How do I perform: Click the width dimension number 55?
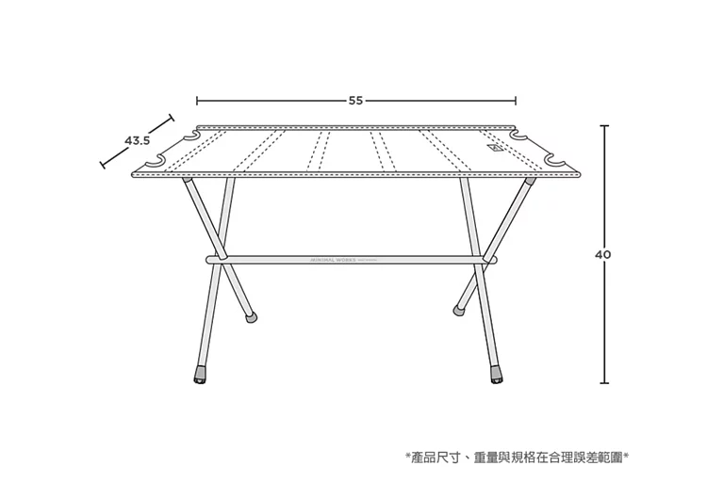coord(355,100)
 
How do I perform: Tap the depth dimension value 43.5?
coord(138,141)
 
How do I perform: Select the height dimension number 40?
coord(603,253)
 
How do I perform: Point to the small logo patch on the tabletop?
coord(494,150)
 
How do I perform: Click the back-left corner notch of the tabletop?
coord(194,138)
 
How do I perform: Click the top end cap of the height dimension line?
coord(603,125)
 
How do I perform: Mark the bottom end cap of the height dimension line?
coord(603,382)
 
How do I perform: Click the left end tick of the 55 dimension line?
coord(197,100)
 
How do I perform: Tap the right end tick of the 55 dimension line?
coord(516,100)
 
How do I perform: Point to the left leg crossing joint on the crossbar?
coord(221,256)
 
